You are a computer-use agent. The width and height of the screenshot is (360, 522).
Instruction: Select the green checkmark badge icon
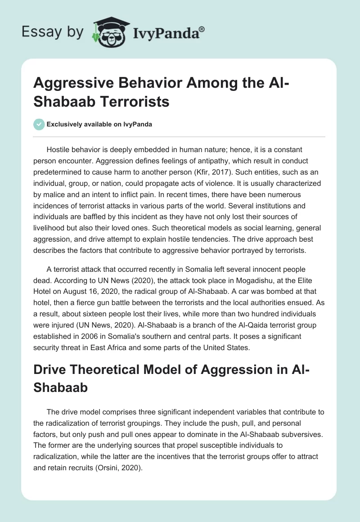point(39,124)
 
